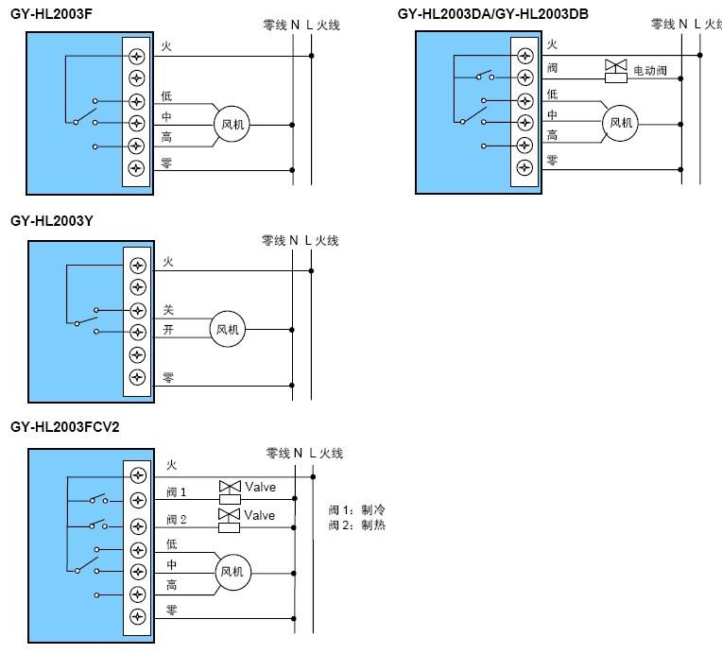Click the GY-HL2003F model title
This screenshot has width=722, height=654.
(51, 14)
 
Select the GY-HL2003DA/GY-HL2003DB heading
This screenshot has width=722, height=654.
(492, 14)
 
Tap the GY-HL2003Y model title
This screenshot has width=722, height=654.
(52, 221)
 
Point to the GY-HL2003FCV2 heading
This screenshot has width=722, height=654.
(64, 427)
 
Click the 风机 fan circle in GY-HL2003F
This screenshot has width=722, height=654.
(232, 124)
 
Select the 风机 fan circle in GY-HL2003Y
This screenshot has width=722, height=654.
(228, 329)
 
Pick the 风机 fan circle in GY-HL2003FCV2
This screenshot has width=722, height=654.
(233, 572)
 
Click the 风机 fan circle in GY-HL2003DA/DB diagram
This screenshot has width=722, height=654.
(620, 123)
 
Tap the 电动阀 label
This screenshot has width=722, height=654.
(650, 71)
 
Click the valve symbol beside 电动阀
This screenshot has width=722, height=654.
(615, 71)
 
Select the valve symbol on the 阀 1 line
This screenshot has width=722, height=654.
(230, 492)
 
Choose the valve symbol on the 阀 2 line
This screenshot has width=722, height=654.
(229, 521)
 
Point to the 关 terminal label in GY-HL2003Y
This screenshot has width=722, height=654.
(168, 309)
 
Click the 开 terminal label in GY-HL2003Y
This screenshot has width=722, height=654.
(168, 330)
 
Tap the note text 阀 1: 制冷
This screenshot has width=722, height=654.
(357, 509)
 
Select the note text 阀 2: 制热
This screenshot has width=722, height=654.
(357, 525)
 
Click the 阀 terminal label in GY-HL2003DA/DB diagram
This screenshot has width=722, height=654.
(552, 68)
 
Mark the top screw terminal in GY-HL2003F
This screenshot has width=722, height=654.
(136, 56)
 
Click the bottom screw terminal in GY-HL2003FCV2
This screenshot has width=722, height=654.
(138, 617)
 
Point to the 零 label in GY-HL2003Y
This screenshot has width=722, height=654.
(168, 378)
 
